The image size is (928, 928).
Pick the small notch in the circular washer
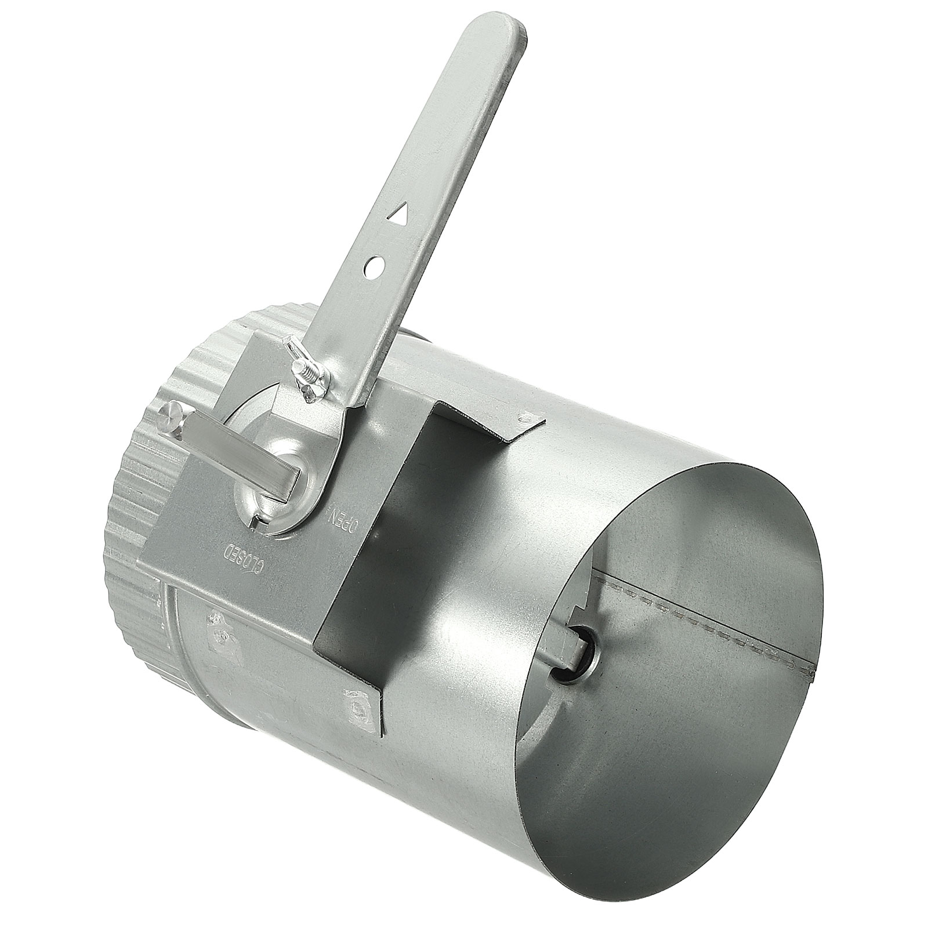(x=256, y=523)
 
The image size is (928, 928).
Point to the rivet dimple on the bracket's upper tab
(x=525, y=415)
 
